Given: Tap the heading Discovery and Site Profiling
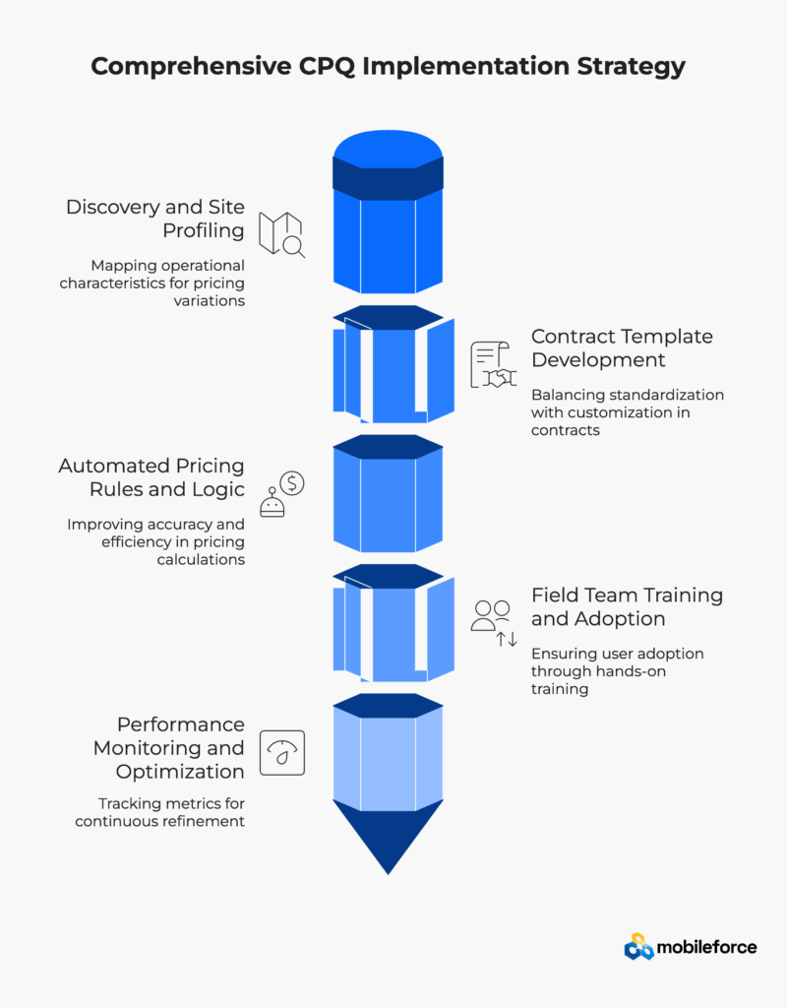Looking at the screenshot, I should [x=155, y=219].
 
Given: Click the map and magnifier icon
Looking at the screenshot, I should [x=281, y=234].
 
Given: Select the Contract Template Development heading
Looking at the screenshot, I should [x=622, y=347].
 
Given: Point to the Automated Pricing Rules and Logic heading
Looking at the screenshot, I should [x=151, y=477].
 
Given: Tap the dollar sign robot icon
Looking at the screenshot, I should [x=281, y=494].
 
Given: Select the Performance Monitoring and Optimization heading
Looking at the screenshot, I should [x=168, y=748].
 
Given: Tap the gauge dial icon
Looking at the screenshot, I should [x=281, y=753].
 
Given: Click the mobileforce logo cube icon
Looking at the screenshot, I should [x=638, y=947].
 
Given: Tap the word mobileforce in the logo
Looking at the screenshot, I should [x=707, y=947].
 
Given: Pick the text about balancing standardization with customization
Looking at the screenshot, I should [x=628, y=411].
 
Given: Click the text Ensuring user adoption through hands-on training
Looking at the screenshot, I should [x=618, y=671].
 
